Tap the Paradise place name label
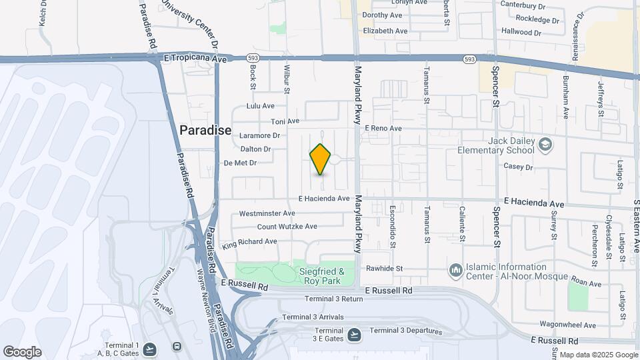[x=205, y=130]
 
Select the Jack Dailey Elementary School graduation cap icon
[x=545, y=145]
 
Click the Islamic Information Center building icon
[x=456, y=270]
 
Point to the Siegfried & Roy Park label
[x=321, y=276]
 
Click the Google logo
[x=22, y=352]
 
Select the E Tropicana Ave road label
[x=195, y=59]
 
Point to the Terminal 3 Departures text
[x=406, y=331]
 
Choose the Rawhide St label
[x=385, y=269]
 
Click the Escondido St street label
[x=393, y=227]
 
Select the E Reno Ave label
[x=383, y=128]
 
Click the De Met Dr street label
[x=240, y=163]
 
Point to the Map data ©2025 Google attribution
[x=598, y=355]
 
